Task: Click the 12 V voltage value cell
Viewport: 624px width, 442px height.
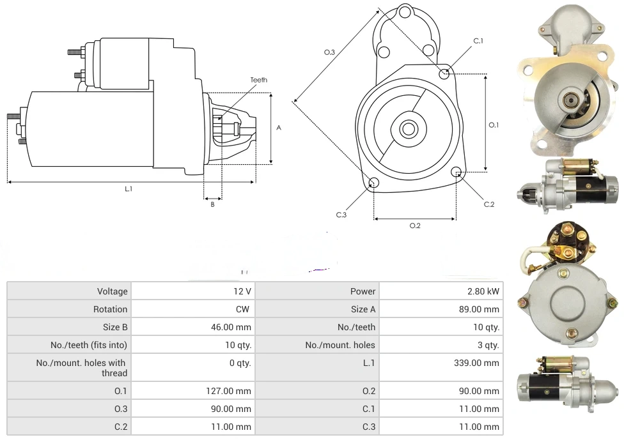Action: point(242,291)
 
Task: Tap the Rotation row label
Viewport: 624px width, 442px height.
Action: point(110,309)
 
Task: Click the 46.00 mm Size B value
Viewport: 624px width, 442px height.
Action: point(235,327)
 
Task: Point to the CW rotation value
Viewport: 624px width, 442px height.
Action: point(244,309)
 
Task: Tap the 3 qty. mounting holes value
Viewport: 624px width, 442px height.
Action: point(488,345)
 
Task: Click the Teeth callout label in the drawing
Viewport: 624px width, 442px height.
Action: point(259,80)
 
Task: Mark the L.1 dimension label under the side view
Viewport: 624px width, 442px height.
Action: point(129,189)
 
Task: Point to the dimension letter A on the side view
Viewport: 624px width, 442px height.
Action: point(279,128)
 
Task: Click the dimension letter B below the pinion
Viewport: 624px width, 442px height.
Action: point(212,204)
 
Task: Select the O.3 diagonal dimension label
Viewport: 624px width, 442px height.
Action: point(329,52)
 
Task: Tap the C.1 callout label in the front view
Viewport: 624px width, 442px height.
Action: point(478,41)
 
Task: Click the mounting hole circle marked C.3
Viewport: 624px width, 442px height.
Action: point(375,184)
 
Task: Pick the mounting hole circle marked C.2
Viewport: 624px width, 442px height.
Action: point(456,172)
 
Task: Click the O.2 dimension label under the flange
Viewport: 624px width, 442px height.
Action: point(415,225)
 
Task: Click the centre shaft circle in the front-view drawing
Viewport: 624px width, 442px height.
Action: point(408,128)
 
